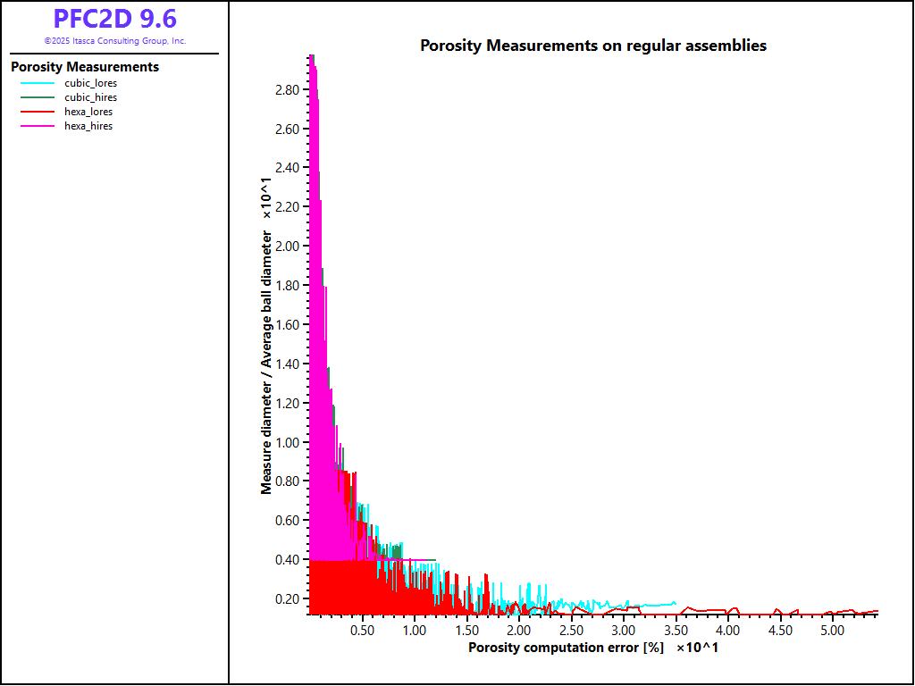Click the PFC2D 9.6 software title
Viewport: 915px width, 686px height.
coord(114,19)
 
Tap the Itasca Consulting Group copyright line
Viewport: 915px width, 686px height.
coord(114,41)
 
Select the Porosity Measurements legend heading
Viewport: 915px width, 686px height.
coord(85,67)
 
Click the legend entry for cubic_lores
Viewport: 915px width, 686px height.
coord(90,83)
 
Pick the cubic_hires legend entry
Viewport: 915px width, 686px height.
coord(90,97)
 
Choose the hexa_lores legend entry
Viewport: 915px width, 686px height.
coord(88,112)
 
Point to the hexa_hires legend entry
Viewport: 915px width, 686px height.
coord(88,126)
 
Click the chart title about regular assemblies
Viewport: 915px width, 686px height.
coord(592,46)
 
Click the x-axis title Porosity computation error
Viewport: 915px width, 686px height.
coord(566,648)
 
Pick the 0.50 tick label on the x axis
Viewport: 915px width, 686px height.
coord(362,631)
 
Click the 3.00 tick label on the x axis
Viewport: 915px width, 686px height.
coord(624,631)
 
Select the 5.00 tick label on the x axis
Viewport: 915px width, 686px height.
coord(833,631)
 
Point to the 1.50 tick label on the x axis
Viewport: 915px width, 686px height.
coord(466,631)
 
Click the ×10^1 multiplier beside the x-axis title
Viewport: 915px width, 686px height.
coord(698,648)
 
